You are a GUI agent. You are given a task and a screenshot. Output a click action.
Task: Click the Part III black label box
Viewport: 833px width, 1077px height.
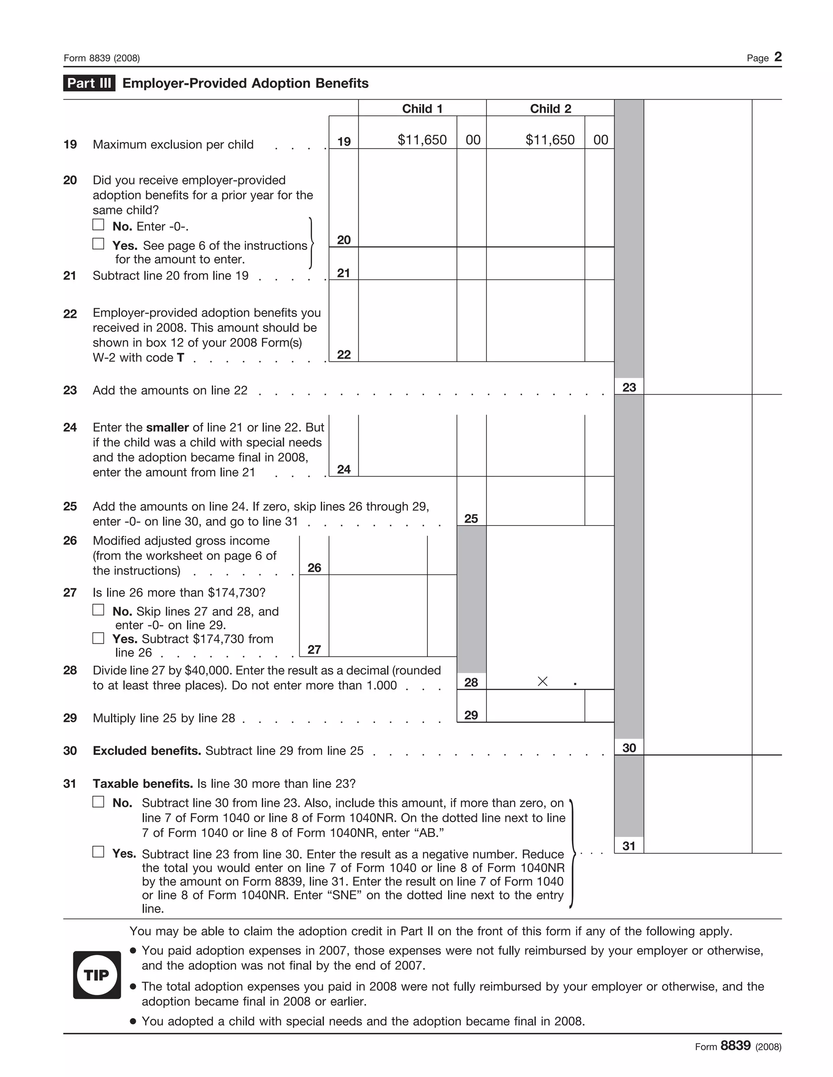pos(89,83)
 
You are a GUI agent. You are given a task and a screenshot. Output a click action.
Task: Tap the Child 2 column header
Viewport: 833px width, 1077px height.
pos(550,109)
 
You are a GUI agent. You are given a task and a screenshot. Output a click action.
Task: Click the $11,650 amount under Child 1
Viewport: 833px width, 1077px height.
pos(422,140)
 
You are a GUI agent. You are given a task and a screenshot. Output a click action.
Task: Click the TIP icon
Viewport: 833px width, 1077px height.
pos(97,975)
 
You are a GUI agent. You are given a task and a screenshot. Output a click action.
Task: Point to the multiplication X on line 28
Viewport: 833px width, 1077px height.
pos(542,682)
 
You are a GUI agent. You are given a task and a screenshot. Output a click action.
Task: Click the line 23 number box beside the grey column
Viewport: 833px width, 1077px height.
pos(629,387)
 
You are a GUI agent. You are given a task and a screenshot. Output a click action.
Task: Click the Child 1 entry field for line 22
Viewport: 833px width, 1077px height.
pos(407,321)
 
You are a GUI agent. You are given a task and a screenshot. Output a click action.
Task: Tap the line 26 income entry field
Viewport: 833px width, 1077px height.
pos(377,555)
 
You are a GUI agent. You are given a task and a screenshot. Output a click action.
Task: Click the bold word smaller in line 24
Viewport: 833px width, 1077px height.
pos(167,428)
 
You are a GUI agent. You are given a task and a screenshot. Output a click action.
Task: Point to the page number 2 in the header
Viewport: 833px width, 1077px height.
pos(778,57)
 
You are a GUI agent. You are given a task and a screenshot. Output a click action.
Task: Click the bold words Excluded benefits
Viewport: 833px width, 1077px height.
pos(146,751)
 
